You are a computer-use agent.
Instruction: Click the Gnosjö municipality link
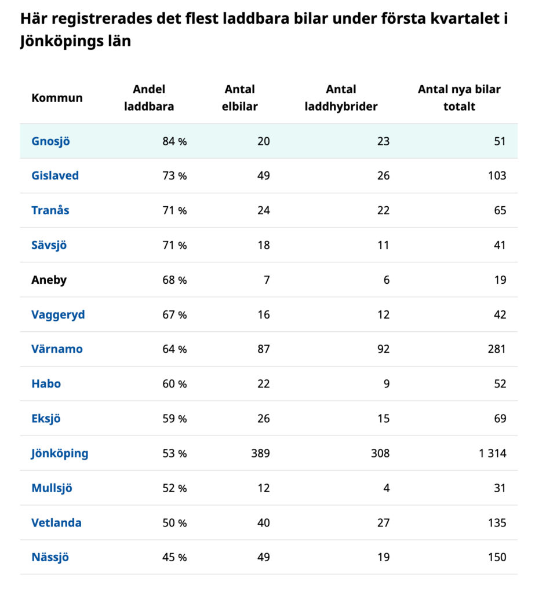50,141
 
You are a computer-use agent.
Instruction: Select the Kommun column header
57,98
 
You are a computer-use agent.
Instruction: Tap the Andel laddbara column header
149,98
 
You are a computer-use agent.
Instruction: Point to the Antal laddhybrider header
341,98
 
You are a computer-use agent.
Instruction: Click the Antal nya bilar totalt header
459,98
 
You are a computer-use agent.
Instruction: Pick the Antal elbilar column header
239,98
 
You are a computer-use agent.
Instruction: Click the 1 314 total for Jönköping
492,453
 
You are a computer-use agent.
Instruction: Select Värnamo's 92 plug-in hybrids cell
383,349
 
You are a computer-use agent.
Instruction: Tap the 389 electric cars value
260,453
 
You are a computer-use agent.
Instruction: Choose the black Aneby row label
49,280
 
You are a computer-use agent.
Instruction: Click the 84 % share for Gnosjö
174,141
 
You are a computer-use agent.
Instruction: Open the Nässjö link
50,558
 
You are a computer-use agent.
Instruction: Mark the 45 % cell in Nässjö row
174,558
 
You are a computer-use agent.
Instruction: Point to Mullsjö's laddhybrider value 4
386,488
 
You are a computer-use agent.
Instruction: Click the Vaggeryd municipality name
58,314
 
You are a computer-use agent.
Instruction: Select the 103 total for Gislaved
497,175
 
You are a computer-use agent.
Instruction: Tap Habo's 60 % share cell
174,384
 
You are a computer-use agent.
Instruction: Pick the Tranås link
50,210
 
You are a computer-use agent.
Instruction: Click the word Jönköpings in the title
59,42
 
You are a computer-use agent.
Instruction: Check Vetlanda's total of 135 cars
497,523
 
